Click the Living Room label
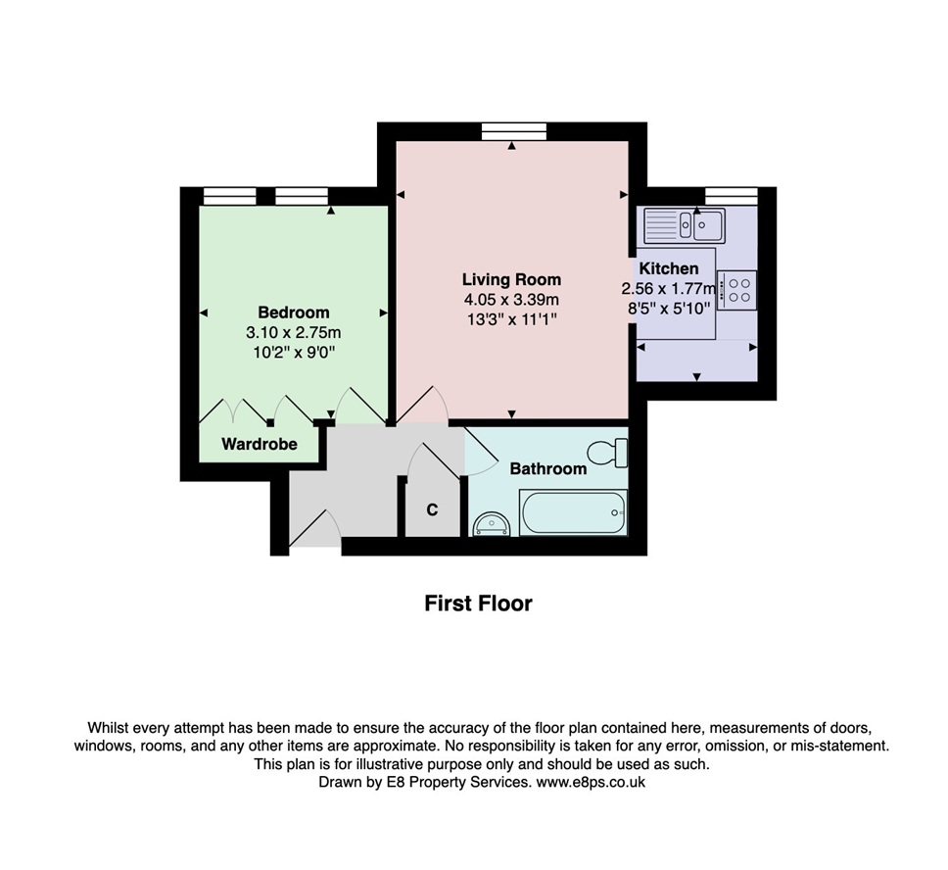(511, 279)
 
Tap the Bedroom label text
(294, 313)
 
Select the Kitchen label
(669, 268)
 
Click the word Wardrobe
(260, 444)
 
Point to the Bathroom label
(548, 469)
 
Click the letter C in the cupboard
(432, 510)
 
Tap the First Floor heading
(478, 604)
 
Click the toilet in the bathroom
(607, 453)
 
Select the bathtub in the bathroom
(573, 512)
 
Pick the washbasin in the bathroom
(492, 524)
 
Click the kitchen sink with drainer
(685, 225)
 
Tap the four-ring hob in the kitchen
(737, 290)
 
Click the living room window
(514, 131)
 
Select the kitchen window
(732, 196)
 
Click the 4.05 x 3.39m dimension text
(511, 300)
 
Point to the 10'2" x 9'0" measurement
(294, 352)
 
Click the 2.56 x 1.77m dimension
(669, 289)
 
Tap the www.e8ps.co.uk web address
(591, 782)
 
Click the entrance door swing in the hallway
(315, 526)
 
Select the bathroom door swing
(481, 452)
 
